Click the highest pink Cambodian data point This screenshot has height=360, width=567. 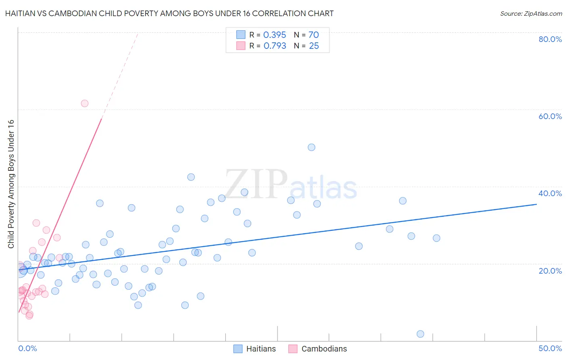(85, 103)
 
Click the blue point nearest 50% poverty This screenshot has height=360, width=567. (311, 147)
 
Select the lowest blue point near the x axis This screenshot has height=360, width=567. (420, 334)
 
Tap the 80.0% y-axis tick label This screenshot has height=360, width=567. (550, 39)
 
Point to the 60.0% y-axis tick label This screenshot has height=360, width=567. (550, 116)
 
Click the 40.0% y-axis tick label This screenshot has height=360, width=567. (550, 193)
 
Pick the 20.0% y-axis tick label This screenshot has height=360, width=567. (550, 270)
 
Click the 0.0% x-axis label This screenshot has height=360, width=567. (27, 348)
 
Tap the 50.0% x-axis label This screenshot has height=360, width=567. (550, 348)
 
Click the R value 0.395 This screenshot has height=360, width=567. (275, 35)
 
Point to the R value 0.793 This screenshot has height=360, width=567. (275, 46)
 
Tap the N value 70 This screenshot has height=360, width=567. (314, 35)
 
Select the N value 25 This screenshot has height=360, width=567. (314, 46)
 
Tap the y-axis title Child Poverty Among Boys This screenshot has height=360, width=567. (11, 184)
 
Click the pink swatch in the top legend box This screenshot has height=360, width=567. (241, 46)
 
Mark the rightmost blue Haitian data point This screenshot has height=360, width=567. (436, 238)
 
